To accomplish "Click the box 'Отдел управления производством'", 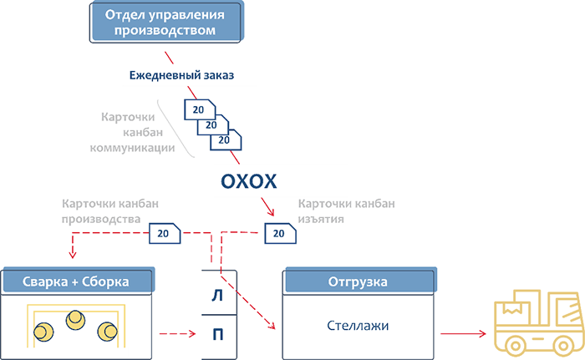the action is pos(166,22).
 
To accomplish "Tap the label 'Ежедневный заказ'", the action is pos(181,75).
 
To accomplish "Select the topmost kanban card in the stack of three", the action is pos(200,109).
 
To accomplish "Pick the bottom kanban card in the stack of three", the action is pos(226,139).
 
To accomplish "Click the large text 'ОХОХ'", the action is pos(248,182).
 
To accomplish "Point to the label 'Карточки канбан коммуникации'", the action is pos(132,133).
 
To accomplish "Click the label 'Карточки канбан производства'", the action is pos(110,211).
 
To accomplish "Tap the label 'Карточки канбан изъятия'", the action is pos(346,211).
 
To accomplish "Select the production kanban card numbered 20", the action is pos(165,234).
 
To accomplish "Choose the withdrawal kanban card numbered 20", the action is pos(281,234).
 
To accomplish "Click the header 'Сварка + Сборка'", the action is pos(78,281).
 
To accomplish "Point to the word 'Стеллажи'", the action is pos(358,326).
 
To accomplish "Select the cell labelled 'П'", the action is pos(219,337).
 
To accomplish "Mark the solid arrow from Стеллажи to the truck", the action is pos(463,333).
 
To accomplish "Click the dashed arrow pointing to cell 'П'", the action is pos(177,333).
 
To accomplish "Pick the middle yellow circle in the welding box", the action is pos(75,320).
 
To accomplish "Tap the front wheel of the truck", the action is pos(516,346).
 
